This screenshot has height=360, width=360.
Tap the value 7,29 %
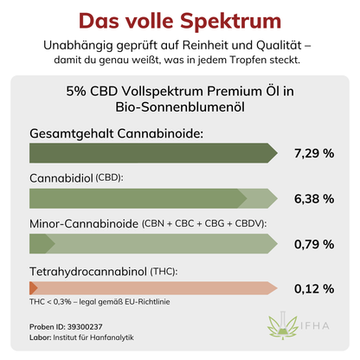(x=313, y=153)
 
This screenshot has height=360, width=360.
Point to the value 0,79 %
(x=313, y=244)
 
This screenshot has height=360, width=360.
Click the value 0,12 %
(x=313, y=288)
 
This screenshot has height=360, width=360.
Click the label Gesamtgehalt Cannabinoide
(x=117, y=133)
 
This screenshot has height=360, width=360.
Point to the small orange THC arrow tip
(x=33, y=288)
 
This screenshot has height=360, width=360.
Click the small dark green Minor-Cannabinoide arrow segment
(x=42, y=244)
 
